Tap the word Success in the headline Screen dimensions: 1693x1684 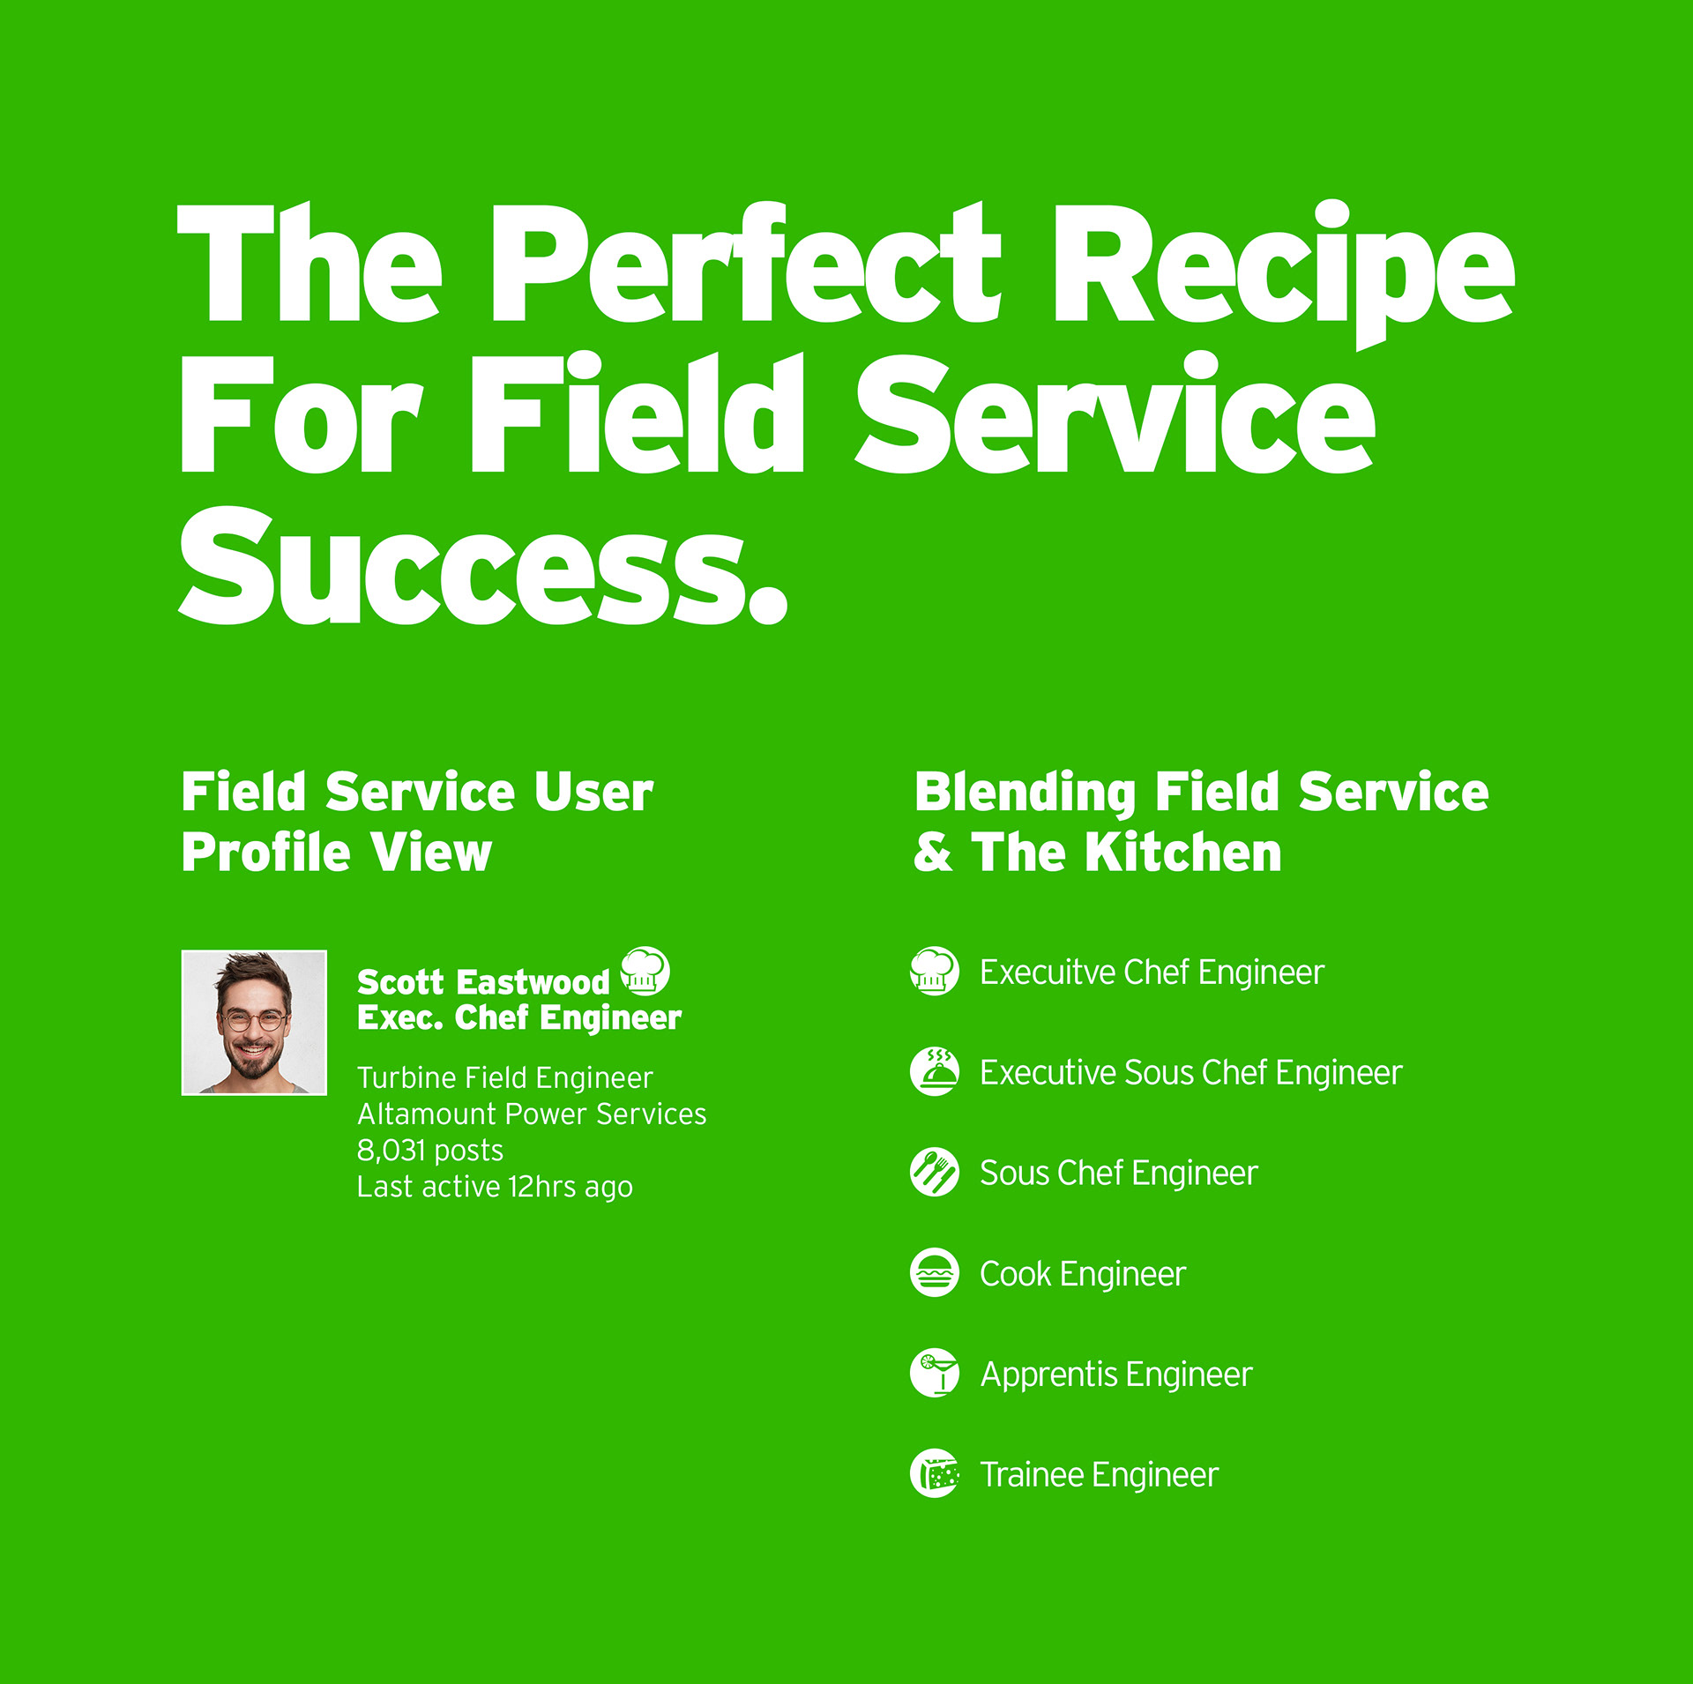tap(483, 565)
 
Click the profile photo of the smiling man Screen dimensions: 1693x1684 tap(254, 1023)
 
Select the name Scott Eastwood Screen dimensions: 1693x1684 tap(483, 981)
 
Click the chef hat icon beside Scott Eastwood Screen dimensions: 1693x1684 tap(645, 972)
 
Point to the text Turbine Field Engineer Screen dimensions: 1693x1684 tap(505, 1077)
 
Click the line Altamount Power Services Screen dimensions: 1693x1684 tap(532, 1114)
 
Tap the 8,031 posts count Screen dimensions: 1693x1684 tap(430, 1151)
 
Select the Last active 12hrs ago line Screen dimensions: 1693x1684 tap(495, 1188)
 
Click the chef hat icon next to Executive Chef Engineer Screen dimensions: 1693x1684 tap(935, 972)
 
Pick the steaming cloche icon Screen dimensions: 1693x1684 tap(935, 1072)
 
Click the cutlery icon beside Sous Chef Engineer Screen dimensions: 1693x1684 tap(935, 1173)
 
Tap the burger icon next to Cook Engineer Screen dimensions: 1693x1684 tap(935, 1273)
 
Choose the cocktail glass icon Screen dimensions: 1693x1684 tap(935, 1374)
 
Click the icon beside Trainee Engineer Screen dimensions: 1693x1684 tap(935, 1474)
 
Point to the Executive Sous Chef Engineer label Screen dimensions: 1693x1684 tap(1191, 1073)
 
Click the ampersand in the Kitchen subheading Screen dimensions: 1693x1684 tap(933, 853)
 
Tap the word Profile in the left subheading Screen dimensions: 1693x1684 tap(266, 853)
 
